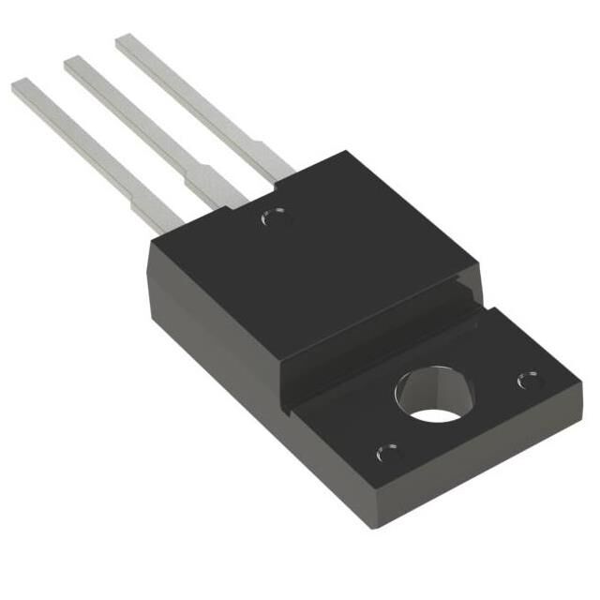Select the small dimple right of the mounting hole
pyautogui.click(x=529, y=381)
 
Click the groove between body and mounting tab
pyautogui.click(x=375, y=347)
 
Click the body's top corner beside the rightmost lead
pyautogui.click(x=345, y=152)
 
